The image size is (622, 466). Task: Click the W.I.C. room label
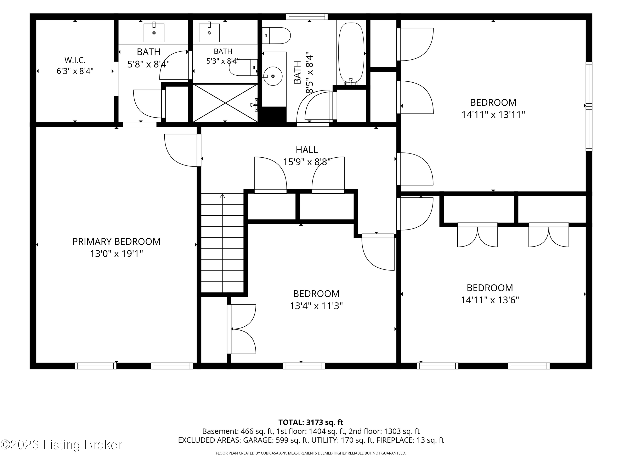click(75, 60)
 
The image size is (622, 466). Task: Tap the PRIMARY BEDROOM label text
click(116, 241)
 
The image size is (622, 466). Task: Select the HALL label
click(307, 150)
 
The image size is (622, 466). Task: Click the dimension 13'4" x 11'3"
click(316, 306)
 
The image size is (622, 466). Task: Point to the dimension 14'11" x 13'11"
click(493, 115)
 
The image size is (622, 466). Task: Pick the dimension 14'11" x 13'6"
click(490, 300)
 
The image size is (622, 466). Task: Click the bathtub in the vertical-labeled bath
click(351, 54)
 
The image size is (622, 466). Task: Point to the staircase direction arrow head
click(222, 196)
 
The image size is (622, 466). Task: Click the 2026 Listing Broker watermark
click(61, 445)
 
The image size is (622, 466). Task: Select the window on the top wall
click(307, 17)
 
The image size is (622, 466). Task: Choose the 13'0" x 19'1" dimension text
click(116, 254)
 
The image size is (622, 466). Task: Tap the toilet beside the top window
click(276, 35)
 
